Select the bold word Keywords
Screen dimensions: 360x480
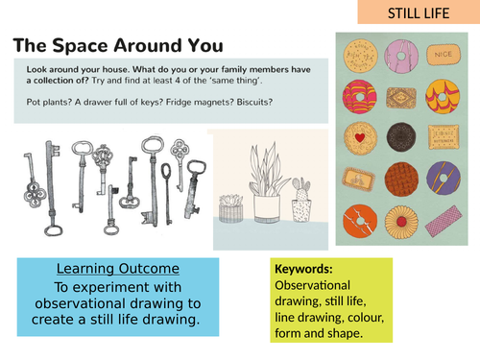coord(303,270)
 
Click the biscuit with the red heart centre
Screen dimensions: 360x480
coord(358,136)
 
